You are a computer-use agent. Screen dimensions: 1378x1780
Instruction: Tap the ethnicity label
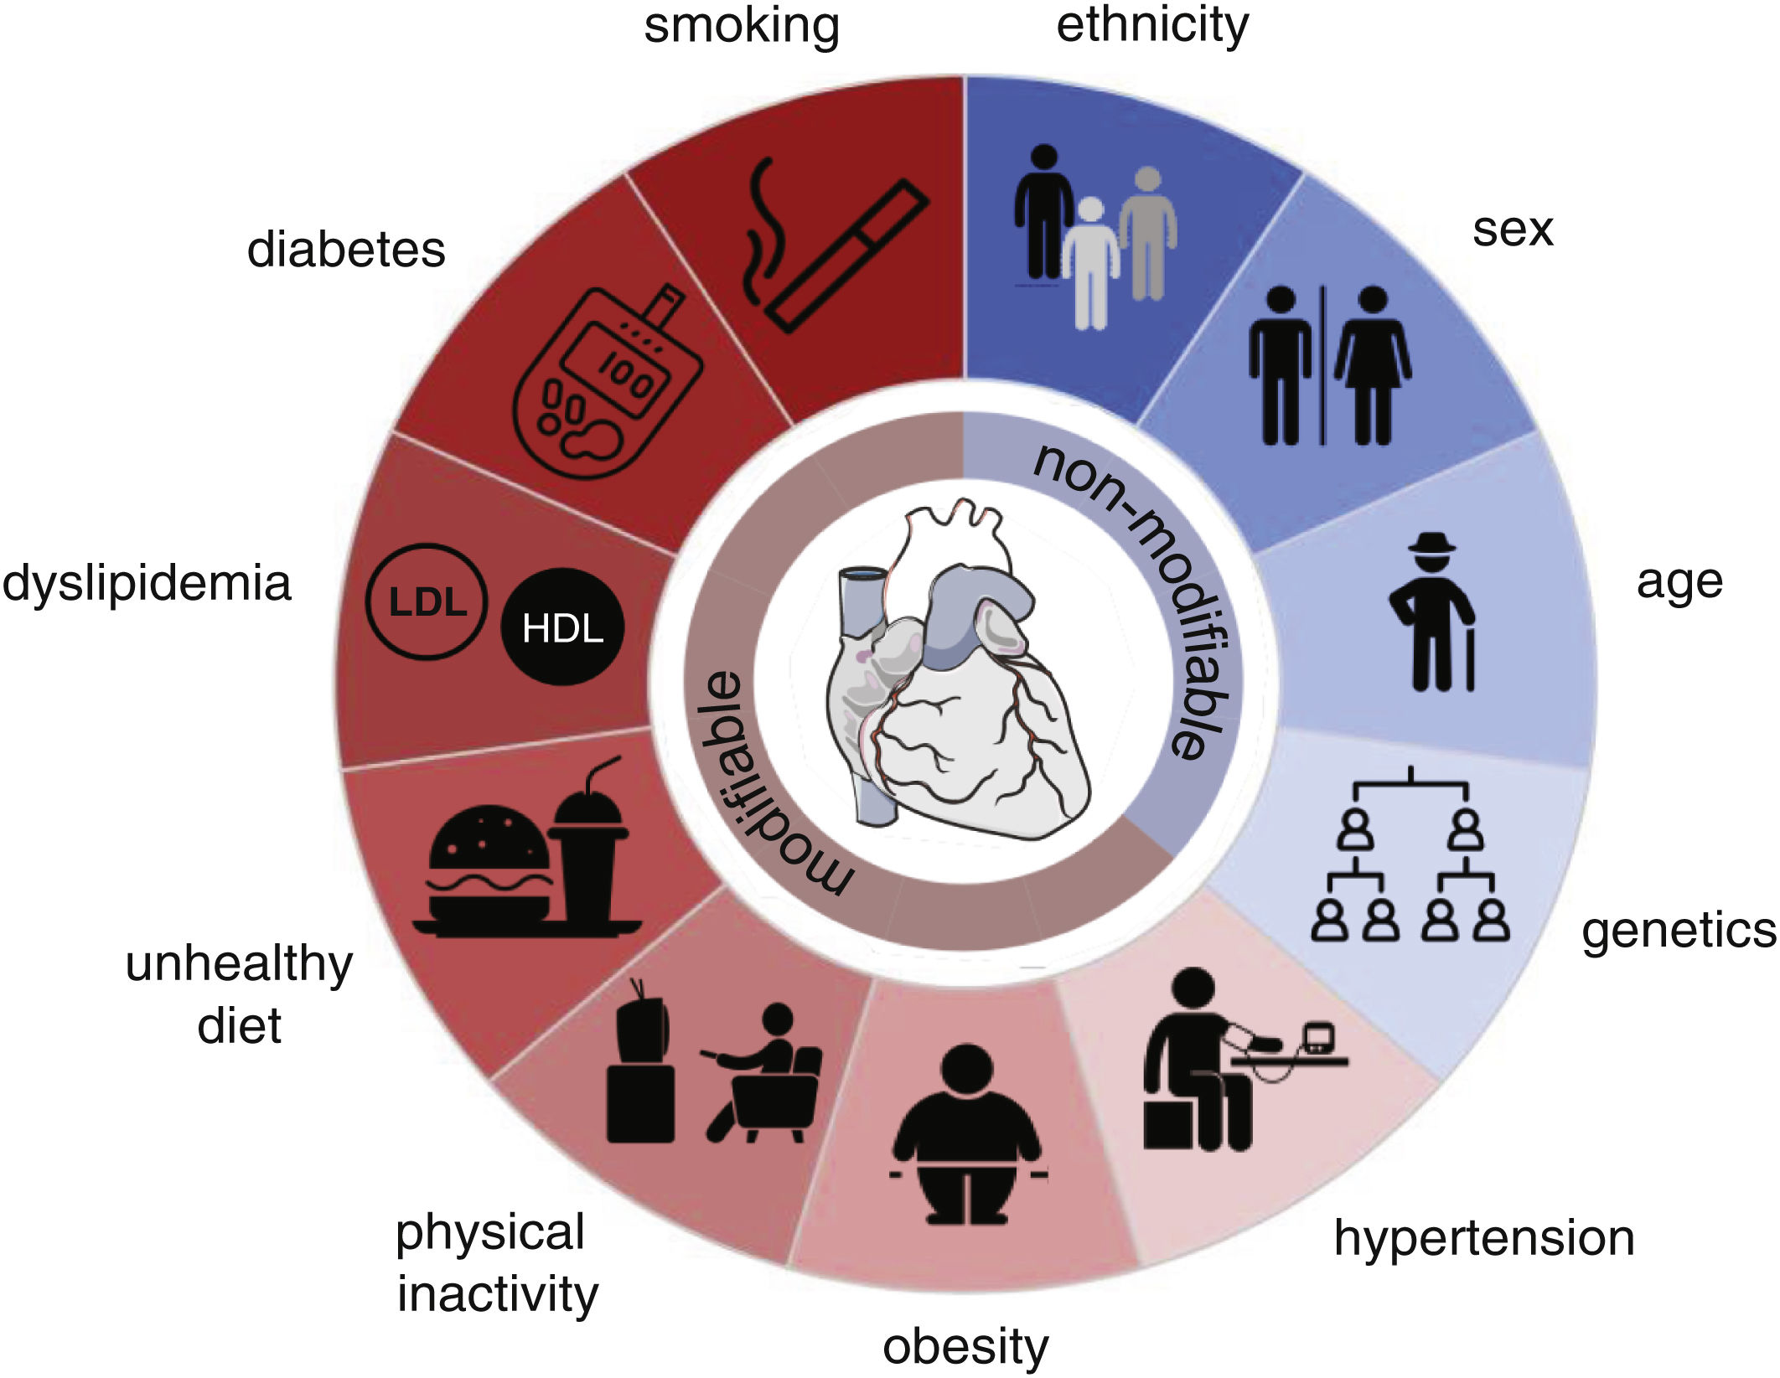(1151, 25)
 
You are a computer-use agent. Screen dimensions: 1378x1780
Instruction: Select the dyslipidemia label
(147, 583)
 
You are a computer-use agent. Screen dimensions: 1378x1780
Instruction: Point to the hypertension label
(1483, 1238)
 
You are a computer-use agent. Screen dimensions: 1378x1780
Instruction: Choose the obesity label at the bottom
(965, 1346)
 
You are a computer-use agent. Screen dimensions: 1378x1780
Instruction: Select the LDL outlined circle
(427, 601)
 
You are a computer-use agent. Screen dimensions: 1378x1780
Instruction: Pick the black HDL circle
(562, 627)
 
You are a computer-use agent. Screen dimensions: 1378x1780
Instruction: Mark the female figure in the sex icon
(1372, 365)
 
